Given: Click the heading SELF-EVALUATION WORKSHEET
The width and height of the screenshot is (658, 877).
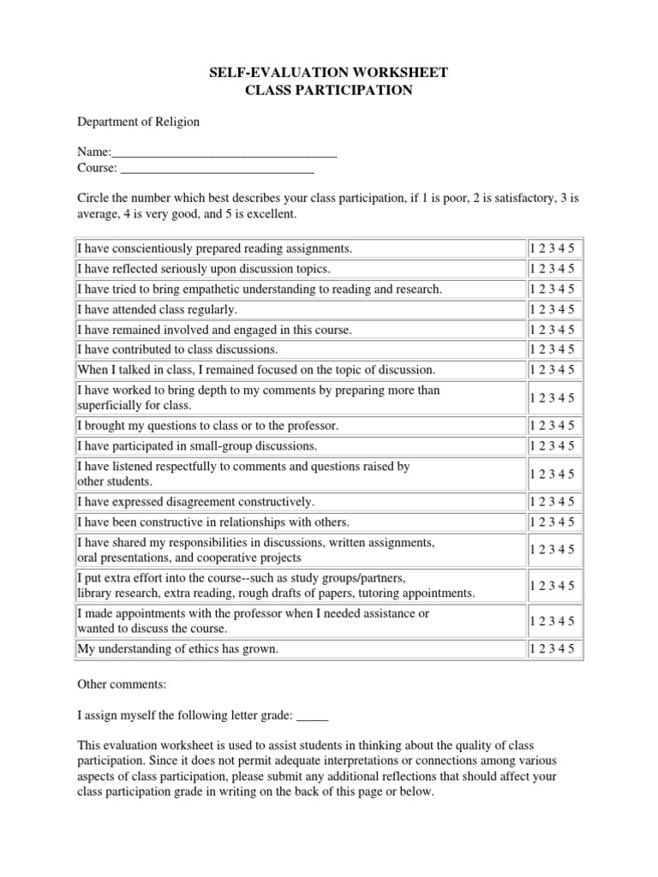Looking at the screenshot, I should pyautogui.click(x=329, y=73).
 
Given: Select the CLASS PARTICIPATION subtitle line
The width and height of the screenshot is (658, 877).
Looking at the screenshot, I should pyautogui.click(x=329, y=90).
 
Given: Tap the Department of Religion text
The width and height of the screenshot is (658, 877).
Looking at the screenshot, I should pyautogui.click(x=138, y=122).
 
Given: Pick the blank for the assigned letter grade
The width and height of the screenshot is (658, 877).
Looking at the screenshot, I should pyautogui.click(x=312, y=716).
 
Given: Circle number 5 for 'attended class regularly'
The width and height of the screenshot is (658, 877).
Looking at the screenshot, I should pyautogui.click(x=572, y=309).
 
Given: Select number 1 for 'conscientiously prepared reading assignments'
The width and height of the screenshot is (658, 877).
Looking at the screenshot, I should pyautogui.click(x=533, y=248).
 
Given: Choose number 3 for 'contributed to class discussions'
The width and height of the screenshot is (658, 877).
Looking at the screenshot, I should pyautogui.click(x=553, y=349).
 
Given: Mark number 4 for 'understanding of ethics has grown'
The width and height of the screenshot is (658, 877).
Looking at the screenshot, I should pyautogui.click(x=563, y=649).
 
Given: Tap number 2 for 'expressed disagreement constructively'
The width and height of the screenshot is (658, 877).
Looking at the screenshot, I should pyautogui.click(x=542, y=501).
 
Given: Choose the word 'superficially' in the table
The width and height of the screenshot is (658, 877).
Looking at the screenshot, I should pyautogui.click(x=111, y=405).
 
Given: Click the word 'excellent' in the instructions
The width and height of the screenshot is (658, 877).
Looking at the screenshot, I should pyautogui.click(x=270, y=213).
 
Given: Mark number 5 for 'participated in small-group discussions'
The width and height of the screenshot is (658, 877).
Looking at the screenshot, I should pyautogui.click(x=572, y=445).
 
